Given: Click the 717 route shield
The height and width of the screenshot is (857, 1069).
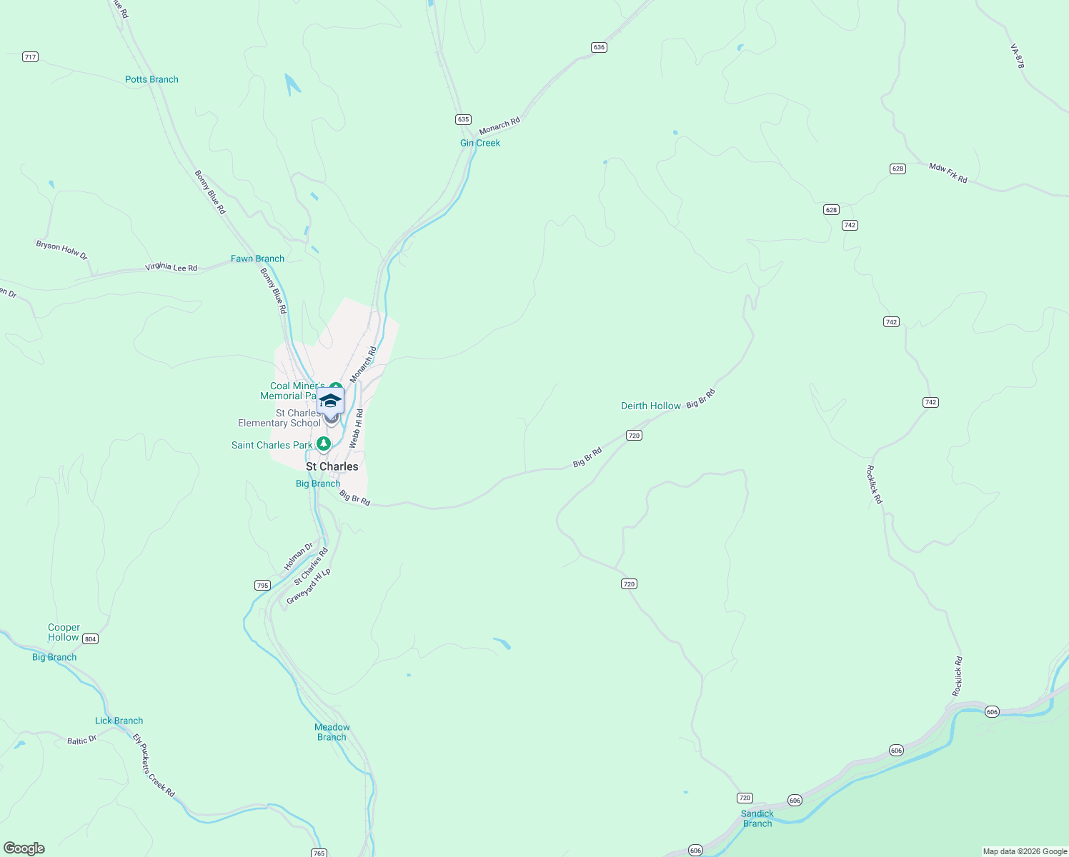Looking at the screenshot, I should tap(30, 57).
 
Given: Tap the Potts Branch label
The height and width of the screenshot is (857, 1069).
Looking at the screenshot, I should tap(151, 79).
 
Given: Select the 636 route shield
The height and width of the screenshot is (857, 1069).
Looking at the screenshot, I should tap(599, 47).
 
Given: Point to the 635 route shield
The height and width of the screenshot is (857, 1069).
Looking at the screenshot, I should tap(464, 119).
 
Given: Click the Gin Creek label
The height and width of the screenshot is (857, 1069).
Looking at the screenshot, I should tap(480, 143).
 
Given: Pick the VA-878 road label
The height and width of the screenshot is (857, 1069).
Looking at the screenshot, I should tap(1018, 56).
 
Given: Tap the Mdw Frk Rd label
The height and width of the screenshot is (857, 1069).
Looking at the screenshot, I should tap(948, 173).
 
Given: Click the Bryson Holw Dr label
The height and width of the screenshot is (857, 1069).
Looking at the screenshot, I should tap(61, 250).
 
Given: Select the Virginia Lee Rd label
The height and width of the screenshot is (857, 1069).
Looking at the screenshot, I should tap(171, 267).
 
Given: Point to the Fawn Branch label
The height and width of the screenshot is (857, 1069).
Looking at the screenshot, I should tap(257, 259).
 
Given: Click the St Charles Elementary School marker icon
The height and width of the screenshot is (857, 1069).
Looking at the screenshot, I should tap(330, 401).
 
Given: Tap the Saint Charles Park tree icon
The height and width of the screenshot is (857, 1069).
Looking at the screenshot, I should tap(324, 444).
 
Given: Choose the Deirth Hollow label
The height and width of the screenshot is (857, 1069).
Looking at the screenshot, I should tap(651, 406).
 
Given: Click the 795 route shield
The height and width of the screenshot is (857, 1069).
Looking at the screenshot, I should tap(262, 586).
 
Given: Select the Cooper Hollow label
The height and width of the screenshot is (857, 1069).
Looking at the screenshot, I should tap(64, 632).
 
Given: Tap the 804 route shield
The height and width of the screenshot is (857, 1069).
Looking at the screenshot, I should tap(90, 638).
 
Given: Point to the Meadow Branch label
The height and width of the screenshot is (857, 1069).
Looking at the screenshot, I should tap(332, 732).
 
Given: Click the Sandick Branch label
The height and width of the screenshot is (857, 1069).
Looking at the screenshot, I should tap(757, 818).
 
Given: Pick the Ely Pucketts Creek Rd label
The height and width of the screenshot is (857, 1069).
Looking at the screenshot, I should tap(154, 765).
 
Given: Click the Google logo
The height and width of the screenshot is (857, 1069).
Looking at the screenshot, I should tap(24, 848).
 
